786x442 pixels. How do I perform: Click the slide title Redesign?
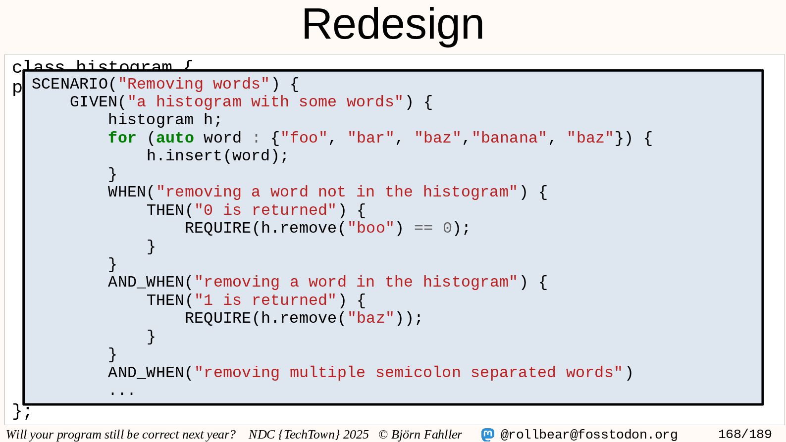[393, 24]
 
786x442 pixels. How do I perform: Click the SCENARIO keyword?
[69, 84]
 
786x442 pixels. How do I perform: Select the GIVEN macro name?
[93, 102]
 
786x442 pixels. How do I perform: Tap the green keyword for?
[122, 138]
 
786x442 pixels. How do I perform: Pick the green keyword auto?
[175, 138]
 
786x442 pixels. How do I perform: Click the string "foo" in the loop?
[304, 138]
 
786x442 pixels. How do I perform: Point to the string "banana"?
[509, 138]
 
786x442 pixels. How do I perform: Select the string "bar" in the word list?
[370, 138]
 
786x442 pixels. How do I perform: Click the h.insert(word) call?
[217, 156]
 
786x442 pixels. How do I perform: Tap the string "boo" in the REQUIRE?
[370, 228]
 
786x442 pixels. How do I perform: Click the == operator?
[423, 228]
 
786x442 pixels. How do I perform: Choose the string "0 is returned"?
[265, 210]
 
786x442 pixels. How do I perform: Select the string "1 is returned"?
[265, 300]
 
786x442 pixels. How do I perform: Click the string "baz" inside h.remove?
[370, 318]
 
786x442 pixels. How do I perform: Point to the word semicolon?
[418, 373]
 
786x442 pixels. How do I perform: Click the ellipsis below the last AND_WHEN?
[122, 393]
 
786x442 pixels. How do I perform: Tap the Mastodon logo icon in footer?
[488, 435]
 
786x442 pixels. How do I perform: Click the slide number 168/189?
[744, 435]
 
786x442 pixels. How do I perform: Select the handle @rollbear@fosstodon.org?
[588, 435]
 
